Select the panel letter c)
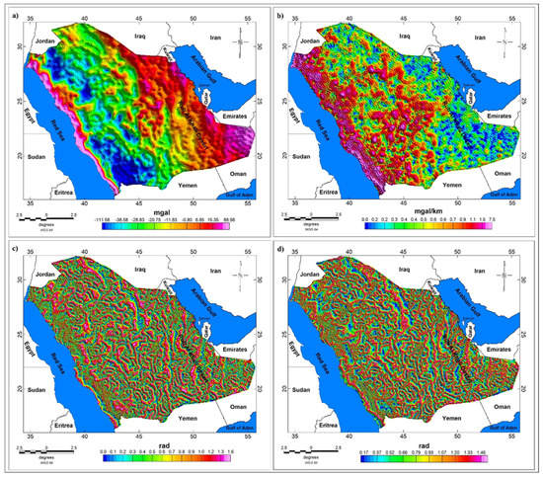click(7, 249)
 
